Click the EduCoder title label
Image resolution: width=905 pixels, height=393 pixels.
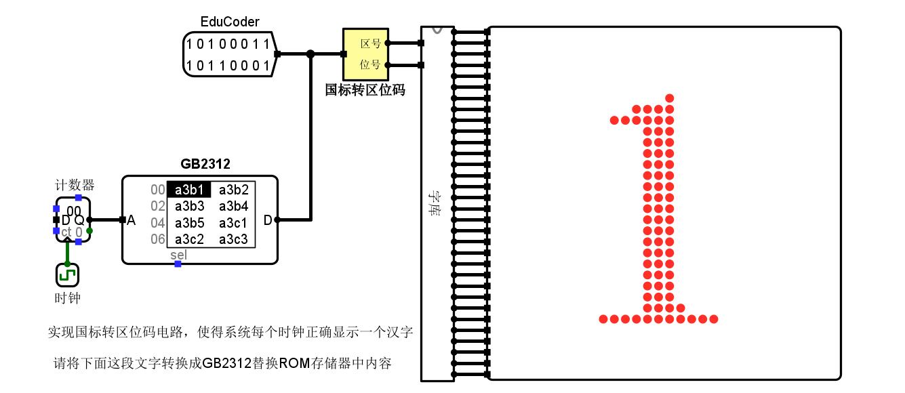click(x=230, y=22)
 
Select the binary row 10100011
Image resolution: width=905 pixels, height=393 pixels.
click(x=228, y=45)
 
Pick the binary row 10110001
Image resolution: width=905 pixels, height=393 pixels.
click(x=228, y=66)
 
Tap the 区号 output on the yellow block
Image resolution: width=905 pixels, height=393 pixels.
click(x=370, y=43)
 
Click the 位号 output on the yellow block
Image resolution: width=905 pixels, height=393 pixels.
click(x=370, y=65)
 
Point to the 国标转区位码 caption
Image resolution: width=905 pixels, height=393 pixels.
click(x=365, y=90)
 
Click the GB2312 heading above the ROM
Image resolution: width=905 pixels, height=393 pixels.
click(x=205, y=164)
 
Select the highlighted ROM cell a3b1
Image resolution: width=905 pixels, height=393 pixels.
click(x=189, y=190)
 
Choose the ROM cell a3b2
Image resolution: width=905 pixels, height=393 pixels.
click(x=233, y=190)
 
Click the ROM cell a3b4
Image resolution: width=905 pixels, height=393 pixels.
click(x=233, y=206)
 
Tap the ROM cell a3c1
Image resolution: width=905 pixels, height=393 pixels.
click(x=233, y=223)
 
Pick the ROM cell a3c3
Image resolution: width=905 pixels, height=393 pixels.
click(x=233, y=239)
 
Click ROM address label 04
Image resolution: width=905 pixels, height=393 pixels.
click(x=157, y=223)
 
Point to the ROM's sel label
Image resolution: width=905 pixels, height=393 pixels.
click(x=178, y=255)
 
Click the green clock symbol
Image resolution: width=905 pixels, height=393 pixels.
click(x=67, y=275)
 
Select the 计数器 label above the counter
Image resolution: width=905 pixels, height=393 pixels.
click(x=75, y=185)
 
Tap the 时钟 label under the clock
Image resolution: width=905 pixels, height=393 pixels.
click(x=67, y=298)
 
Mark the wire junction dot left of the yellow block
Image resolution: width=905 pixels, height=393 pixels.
click(x=310, y=54)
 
